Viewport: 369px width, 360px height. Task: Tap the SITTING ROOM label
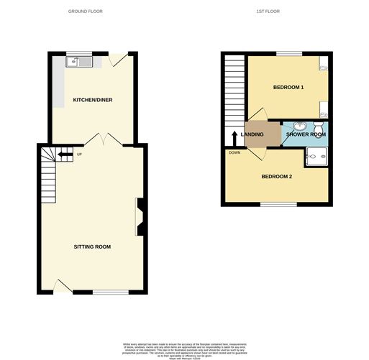pyautogui.click(x=93, y=246)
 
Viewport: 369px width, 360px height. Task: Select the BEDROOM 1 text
pyautogui.click(x=288, y=88)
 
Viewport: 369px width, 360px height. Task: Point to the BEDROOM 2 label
pyautogui.click(x=276, y=177)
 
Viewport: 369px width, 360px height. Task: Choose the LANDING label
pyautogui.click(x=252, y=134)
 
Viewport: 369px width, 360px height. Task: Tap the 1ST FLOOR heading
pyautogui.click(x=268, y=11)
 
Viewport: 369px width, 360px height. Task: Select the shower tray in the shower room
pyautogui.click(x=316, y=157)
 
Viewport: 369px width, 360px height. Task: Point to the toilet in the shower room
pyautogui.click(x=318, y=129)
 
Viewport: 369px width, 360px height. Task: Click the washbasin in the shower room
pyautogui.click(x=299, y=126)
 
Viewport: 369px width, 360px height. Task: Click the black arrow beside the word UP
pyautogui.click(x=65, y=153)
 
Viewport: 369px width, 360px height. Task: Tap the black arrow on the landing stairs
pyautogui.click(x=234, y=137)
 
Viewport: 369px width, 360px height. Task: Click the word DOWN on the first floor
pyautogui.click(x=234, y=152)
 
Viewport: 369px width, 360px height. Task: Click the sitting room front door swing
pyautogui.click(x=63, y=287)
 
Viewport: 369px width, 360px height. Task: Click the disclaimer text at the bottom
pyautogui.click(x=184, y=348)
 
